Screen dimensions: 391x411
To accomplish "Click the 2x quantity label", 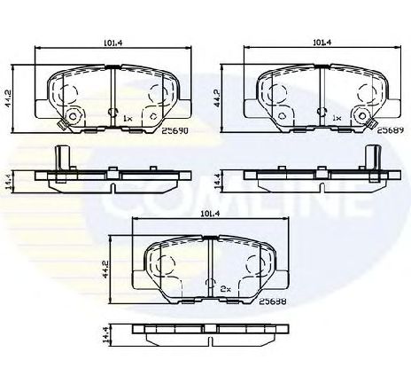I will point(225,289).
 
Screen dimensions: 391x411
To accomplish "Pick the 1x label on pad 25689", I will point(337,117).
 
